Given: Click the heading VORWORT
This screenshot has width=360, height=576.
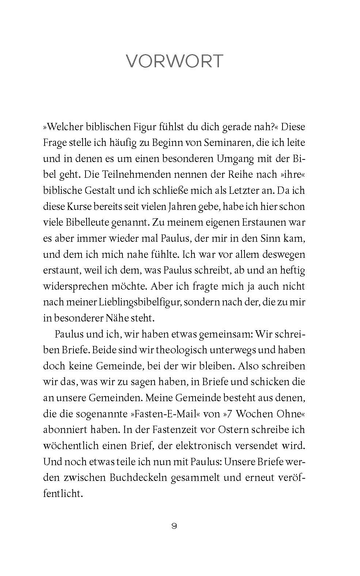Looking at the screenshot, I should [174, 61].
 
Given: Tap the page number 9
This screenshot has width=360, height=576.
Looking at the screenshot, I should [174, 526].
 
